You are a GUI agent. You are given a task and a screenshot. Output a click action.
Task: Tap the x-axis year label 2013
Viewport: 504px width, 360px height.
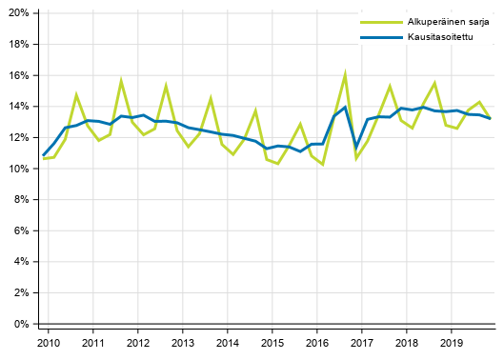[183, 343]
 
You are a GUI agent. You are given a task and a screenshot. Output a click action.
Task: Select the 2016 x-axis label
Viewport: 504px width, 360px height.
[317, 343]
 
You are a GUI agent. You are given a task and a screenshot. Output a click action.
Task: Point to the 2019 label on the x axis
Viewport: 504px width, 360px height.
[452, 343]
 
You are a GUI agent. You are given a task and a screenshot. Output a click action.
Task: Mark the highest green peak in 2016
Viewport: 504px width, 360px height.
[345, 72]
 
